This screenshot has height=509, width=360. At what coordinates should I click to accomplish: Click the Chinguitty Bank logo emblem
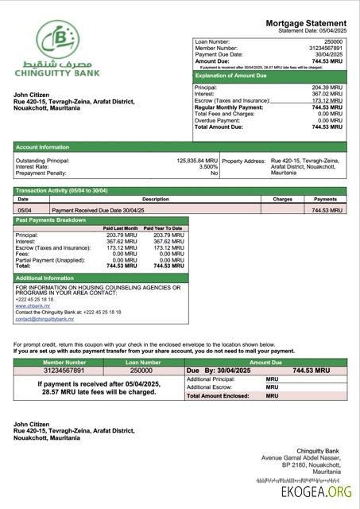pyautogui.click(x=56, y=41)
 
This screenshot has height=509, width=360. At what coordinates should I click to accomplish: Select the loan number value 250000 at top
pyautogui.click(x=333, y=40)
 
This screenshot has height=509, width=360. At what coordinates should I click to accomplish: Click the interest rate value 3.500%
pyautogui.click(x=207, y=166)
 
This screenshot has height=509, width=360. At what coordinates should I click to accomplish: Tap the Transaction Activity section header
pyautogui.click(x=61, y=191)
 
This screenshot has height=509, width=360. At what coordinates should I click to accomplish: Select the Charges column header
pyautogui.click(x=282, y=199)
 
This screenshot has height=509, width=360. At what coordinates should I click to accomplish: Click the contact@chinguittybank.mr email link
pyautogui.click(x=45, y=319)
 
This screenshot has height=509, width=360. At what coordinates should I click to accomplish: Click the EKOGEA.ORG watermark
pyautogui.click(x=315, y=493)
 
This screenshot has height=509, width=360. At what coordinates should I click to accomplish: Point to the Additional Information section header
pyautogui.click(x=45, y=278)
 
